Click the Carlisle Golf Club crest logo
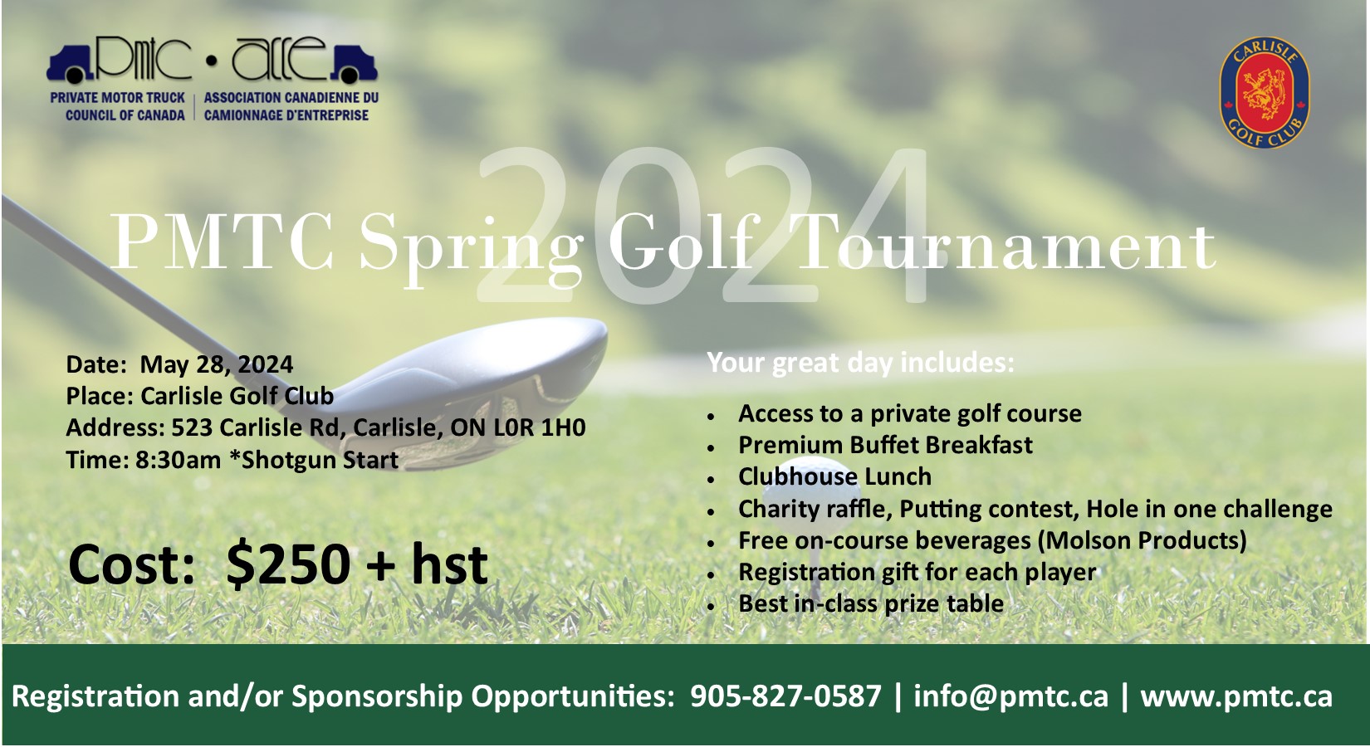click(x=1265, y=92)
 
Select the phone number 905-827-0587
click(x=786, y=696)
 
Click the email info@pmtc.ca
click(x=1010, y=696)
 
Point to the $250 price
click(x=288, y=564)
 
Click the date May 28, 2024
click(x=217, y=364)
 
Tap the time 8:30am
click(x=178, y=460)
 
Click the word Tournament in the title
click(x=1005, y=245)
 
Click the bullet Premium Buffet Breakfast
click(x=885, y=444)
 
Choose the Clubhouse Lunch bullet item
click(x=834, y=476)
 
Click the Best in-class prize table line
click(x=871, y=604)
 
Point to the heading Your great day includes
click(x=860, y=363)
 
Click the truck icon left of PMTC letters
click(x=70, y=64)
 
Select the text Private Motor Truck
click(x=117, y=98)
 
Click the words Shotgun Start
click(x=320, y=460)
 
